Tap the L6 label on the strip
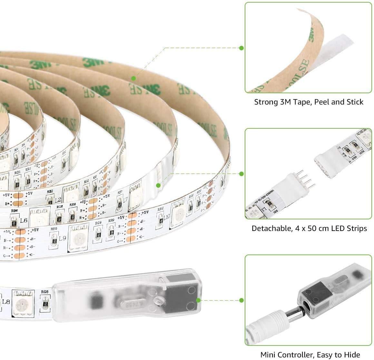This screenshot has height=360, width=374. click(x=24, y=221)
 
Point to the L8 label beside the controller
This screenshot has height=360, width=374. click(x=6, y=302)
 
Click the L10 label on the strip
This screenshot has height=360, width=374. click(x=166, y=217)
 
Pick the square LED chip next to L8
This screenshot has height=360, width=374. click(x=23, y=303)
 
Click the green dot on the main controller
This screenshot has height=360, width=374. click(x=198, y=300)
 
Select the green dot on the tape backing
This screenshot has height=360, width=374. click(x=133, y=78)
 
